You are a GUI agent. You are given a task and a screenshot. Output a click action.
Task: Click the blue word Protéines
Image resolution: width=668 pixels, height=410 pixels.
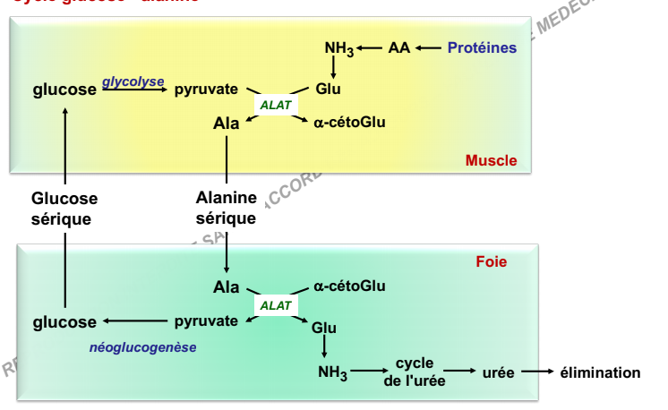point(482,47)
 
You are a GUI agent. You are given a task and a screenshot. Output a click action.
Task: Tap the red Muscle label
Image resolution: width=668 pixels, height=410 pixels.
point(491,160)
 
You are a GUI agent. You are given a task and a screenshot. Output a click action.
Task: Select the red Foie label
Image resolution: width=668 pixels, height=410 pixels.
point(491,262)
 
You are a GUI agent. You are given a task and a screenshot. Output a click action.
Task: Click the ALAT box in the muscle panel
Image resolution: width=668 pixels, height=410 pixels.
point(276,105)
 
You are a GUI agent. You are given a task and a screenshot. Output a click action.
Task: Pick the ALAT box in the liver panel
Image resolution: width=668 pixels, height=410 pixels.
point(276,305)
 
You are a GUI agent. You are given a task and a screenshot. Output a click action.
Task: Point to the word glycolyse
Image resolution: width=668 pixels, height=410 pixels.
point(133,81)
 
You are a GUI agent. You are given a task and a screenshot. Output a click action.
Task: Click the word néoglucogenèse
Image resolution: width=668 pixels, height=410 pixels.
point(143,346)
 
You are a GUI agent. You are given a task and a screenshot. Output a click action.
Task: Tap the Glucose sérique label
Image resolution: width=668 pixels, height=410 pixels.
point(64,208)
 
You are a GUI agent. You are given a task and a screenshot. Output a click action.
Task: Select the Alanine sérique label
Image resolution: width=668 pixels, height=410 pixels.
point(226,208)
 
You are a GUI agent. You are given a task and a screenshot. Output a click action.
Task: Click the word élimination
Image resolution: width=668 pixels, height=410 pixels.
point(600,372)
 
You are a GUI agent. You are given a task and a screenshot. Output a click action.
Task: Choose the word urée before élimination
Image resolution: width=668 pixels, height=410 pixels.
point(498,372)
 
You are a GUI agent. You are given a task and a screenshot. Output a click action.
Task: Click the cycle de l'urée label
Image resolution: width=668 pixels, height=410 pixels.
point(414,372)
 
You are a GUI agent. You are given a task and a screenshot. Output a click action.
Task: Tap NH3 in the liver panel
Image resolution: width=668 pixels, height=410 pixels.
point(332,372)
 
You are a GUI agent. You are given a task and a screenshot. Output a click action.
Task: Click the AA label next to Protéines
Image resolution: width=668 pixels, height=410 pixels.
point(398,47)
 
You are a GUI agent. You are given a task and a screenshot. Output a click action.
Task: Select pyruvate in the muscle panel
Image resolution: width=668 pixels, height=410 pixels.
point(206,89)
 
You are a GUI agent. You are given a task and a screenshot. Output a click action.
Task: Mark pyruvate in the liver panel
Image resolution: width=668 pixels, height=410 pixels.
point(206,320)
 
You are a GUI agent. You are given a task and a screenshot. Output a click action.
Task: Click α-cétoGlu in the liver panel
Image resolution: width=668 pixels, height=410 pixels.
point(350,286)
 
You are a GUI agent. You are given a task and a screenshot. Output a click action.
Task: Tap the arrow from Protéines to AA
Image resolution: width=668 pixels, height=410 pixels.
point(428,47)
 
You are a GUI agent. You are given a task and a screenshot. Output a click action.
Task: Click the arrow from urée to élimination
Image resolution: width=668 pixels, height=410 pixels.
point(535,372)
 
